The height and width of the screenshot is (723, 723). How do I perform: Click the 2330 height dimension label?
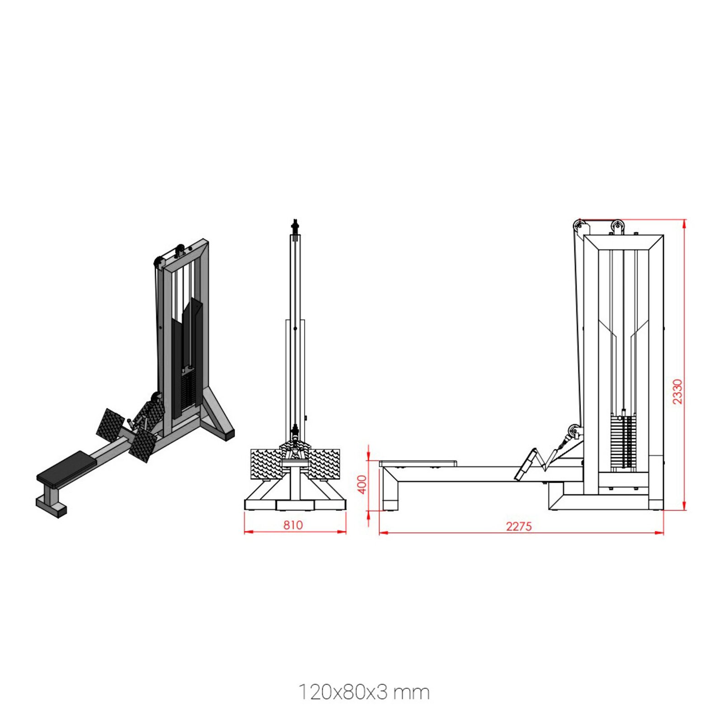[677, 391]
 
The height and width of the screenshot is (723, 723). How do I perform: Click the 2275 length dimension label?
[519, 526]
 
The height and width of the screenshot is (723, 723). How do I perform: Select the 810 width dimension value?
[293, 525]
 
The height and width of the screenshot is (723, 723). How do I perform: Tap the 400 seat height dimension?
[362, 484]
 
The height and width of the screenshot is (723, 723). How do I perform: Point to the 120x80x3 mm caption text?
[364, 692]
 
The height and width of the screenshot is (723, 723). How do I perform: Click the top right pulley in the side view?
[617, 226]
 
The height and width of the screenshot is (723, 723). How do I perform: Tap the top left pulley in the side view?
[579, 225]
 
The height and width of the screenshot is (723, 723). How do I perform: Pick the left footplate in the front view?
[266, 465]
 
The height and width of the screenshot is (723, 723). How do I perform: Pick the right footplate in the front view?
[324, 465]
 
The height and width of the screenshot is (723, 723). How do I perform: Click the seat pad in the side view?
[418, 463]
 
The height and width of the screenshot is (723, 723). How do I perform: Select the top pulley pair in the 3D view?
[180, 249]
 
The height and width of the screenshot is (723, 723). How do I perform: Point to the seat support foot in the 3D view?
[51, 505]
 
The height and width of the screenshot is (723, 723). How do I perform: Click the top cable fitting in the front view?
[296, 225]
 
